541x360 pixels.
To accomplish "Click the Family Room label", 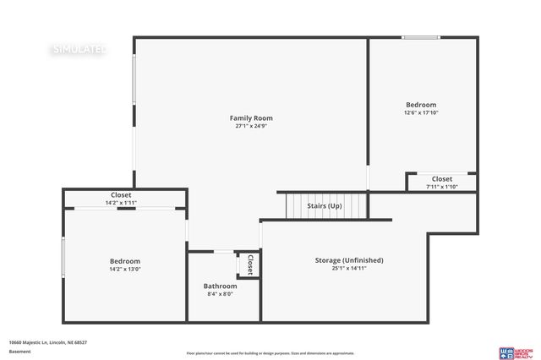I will [251, 117].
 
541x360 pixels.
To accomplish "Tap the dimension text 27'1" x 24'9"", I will [251, 126].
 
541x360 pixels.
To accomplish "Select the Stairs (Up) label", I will [324, 205].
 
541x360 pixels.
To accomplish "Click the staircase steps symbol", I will [325, 205].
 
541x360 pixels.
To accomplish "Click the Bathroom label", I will [220, 286].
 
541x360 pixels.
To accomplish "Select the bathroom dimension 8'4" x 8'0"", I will [220, 294].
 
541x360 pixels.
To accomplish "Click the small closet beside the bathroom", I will [249, 265].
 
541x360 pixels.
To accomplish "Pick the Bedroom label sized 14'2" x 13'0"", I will [125, 261].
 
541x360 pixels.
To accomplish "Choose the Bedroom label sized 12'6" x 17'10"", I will [421, 104].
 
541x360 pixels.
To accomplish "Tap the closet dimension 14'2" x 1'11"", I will [121, 203].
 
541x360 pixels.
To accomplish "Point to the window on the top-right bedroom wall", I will [420, 37].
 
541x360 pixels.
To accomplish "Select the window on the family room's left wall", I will [134, 80].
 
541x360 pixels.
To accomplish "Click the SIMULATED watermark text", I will [80, 49].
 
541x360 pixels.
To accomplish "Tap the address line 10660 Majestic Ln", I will [48, 342].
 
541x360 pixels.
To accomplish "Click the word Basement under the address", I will [19, 351].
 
